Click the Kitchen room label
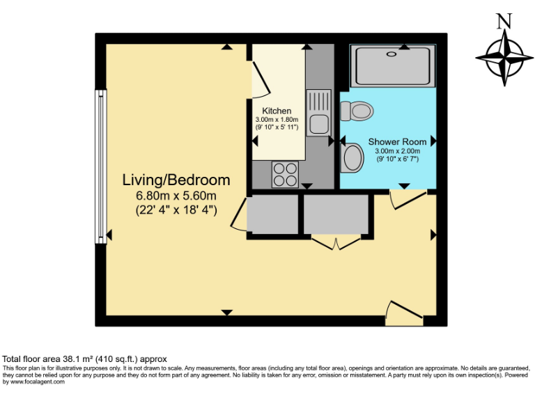pyautogui.click(x=277, y=111)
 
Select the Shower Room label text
pyautogui.click(x=397, y=142)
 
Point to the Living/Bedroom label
pyautogui.click(x=176, y=180)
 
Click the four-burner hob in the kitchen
pyautogui.click(x=284, y=174)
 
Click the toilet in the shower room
pyautogui.click(x=357, y=110)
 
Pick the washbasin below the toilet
pyautogui.click(x=352, y=157)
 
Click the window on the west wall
pyautogui.click(x=101, y=166)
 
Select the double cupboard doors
pyautogui.click(x=336, y=242)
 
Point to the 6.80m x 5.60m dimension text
pyautogui.click(x=176, y=196)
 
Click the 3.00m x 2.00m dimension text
pyautogui.click(x=397, y=151)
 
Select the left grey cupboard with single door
pyautogui.click(x=272, y=215)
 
